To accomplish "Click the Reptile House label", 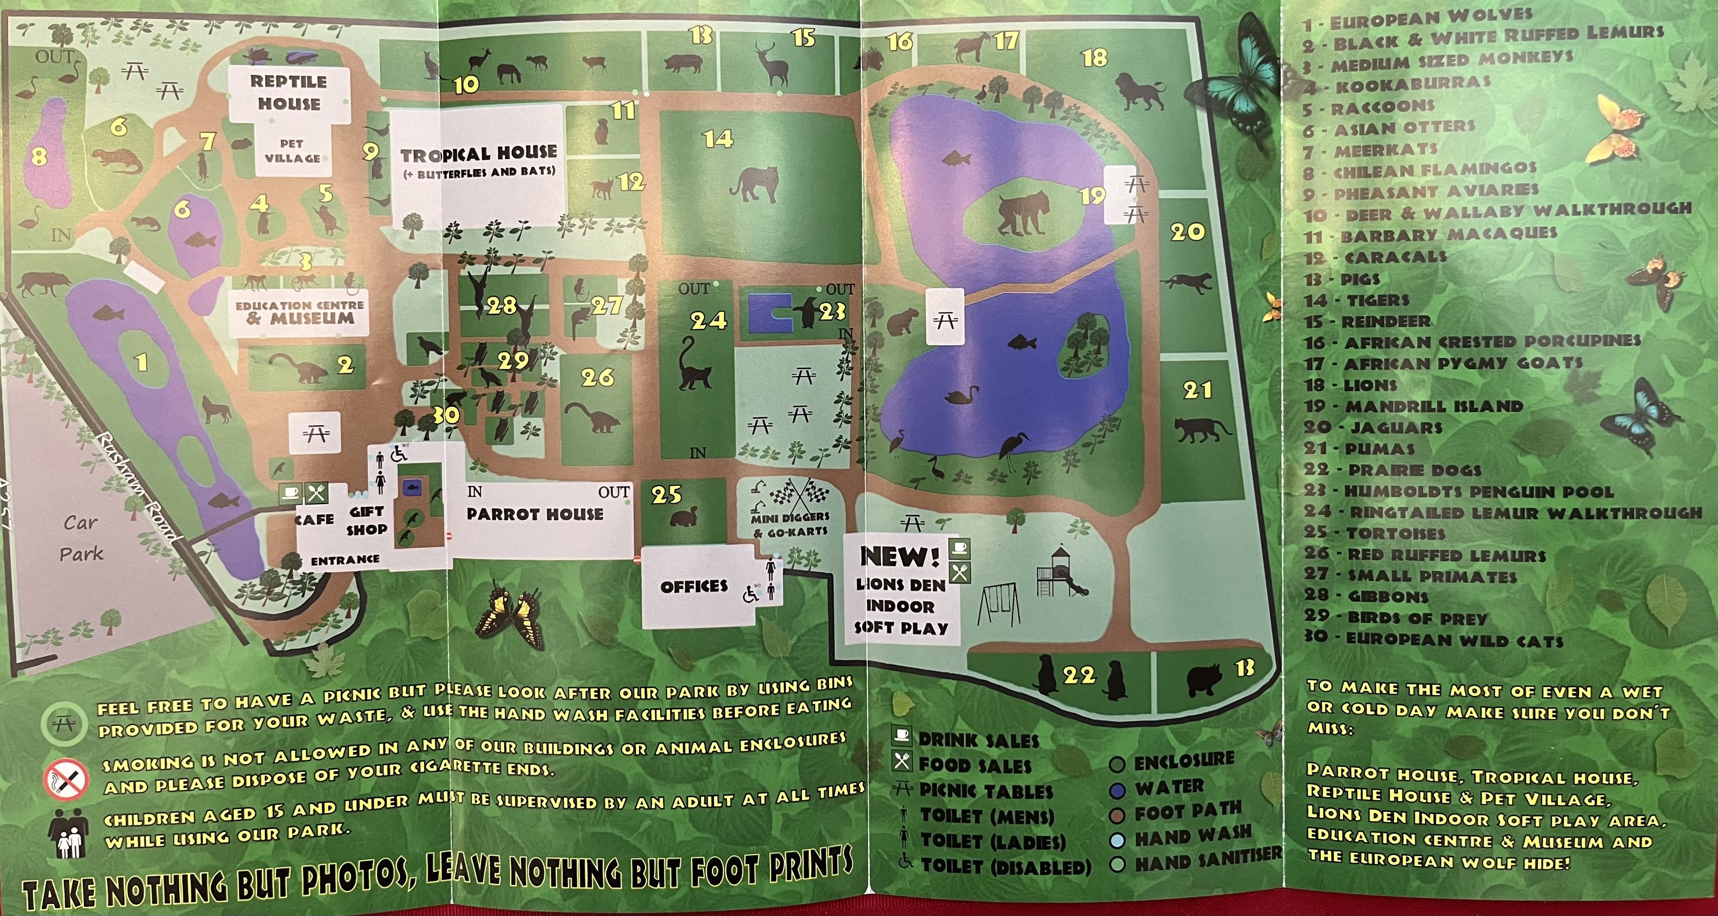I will point(288,93).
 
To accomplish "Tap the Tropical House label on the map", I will point(478,155).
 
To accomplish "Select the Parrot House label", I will point(535,514).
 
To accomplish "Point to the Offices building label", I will point(693,587).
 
